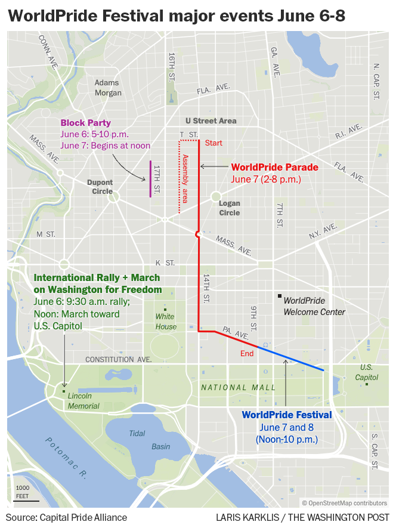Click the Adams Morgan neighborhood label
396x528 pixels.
pyautogui.click(x=107, y=88)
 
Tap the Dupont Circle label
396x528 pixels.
pyautogui.click(x=100, y=187)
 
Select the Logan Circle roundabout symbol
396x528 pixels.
pyautogui.click(x=216, y=196)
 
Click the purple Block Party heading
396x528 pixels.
pyautogui.click(x=85, y=123)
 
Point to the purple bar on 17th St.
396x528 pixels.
pyautogui.click(x=150, y=178)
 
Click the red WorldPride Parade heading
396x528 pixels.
pyautogui.click(x=274, y=168)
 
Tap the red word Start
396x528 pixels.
pyautogui.click(x=213, y=143)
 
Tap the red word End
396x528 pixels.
pyautogui.click(x=247, y=353)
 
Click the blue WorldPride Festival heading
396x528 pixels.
pyautogui.click(x=286, y=415)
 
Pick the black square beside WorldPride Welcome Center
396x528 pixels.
pyautogui.click(x=279, y=296)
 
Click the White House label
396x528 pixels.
pyautogui.click(x=166, y=322)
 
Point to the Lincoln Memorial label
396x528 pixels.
pyautogui.click(x=83, y=401)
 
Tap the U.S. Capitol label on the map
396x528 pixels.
pyautogui.click(x=366, y=372)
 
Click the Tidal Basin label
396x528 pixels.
pyautogui.click(x=144, y=440)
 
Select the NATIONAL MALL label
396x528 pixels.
pyautogui.click(x=238, y=387)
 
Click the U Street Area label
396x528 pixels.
pyautogui.click(x=211, y=121)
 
